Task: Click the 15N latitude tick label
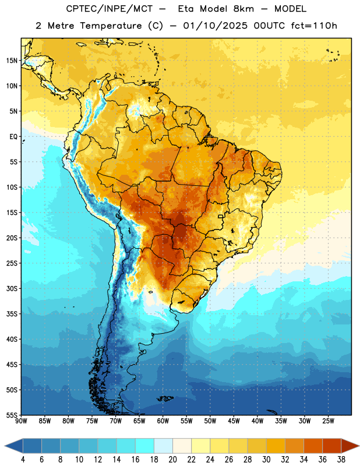pos(12,61)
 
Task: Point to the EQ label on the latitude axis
pos(13,137)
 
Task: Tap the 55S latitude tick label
pos(12,415)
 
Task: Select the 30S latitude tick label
pos(12,288)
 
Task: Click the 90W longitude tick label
pos(21,421)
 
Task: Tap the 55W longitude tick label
pos(186,421)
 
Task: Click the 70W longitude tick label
pos(116,421)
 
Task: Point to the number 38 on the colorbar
pos(341,460)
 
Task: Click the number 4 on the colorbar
pos(23,460)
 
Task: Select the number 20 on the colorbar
pos(172,460)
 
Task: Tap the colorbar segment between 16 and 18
pos(145,446)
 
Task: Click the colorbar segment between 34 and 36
pos(313,446)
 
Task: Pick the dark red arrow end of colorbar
pos(350,446)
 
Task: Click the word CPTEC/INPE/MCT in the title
pos(110,9)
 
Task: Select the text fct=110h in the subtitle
pos(314,26)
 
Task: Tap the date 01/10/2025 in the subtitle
pos(215,26)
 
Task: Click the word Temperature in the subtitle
pos(111,26)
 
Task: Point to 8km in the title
pos(243,9)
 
